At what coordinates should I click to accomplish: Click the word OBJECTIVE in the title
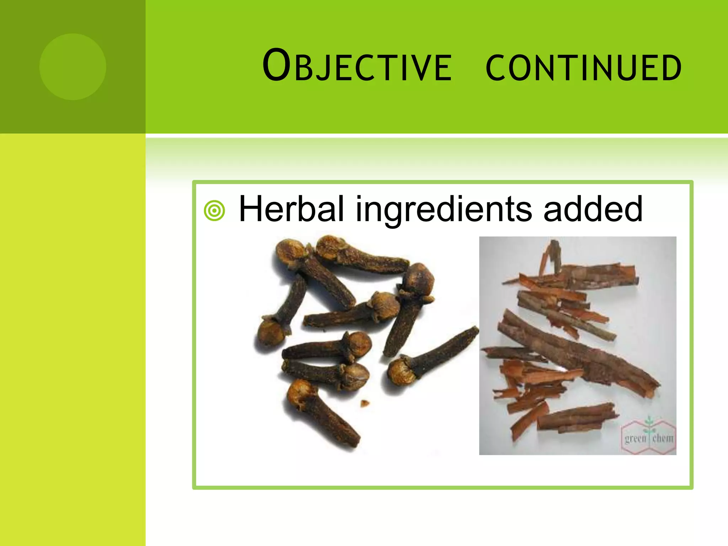click(x=357, y=66)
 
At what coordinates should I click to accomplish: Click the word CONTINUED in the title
click(x=583, y=68)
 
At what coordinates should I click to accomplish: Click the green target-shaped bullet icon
click(x=214, y=210)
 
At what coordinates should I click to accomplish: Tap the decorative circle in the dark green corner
click(x=73, y=66)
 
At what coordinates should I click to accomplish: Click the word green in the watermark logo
click(x=635, y=438)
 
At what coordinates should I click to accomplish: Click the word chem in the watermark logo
click(x=663, y=438)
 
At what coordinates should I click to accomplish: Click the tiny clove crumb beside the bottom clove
click(x=365, y=403)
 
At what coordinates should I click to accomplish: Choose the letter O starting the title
click(x=277, y=65)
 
